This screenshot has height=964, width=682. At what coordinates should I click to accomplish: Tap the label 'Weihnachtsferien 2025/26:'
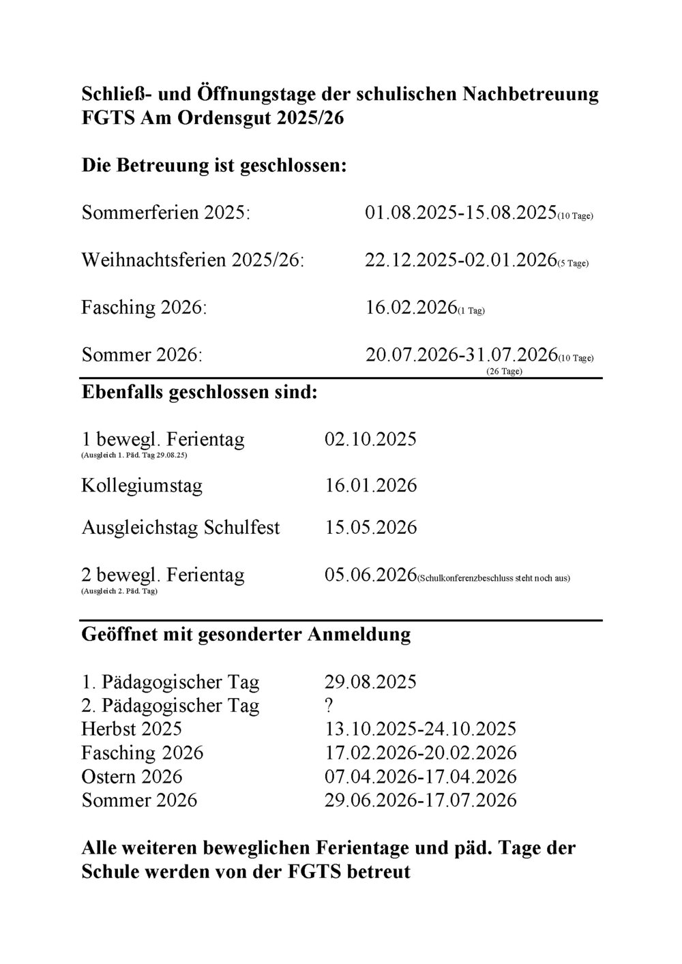pyautogui.click(x=193, y=260)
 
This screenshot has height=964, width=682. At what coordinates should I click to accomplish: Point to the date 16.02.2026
pyautogui.click(x=411, y=307)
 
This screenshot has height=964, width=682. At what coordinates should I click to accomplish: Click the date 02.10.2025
pyautogui.click(x=371, y=438)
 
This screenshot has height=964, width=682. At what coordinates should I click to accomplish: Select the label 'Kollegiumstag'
pyautogui.click(x=142, y=486)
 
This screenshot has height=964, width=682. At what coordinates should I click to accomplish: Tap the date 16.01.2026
pyautogui.click(x=371, y=486)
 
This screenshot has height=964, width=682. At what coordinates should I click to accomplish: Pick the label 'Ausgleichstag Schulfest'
pyautogui.click(x=181, y=528)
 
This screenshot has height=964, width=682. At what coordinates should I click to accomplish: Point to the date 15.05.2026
pyautogui.click(x=371, y=528)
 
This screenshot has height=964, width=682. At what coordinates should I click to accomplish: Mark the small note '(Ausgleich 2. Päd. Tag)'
pyautogui.click(x=119, y=591)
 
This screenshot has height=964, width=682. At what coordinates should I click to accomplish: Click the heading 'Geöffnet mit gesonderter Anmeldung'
pyautogui.click(x=246, y=635)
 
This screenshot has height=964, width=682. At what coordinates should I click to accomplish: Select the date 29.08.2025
pyautogui.click(x=371, y=682)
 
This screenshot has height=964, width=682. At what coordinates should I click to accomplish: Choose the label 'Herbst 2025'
pyautogui.click(x=132, y=729)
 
